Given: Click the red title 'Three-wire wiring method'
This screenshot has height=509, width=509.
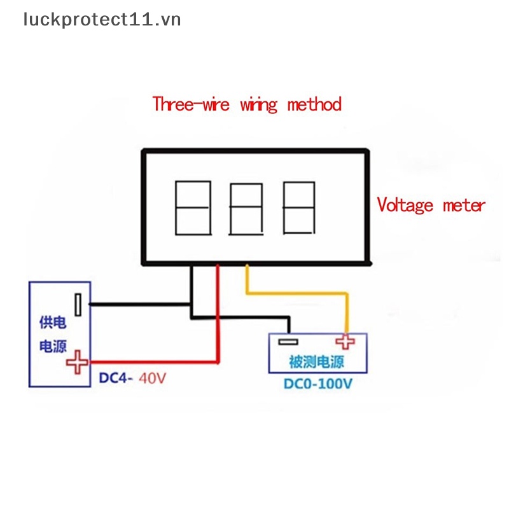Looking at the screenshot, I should (x=247, y=104).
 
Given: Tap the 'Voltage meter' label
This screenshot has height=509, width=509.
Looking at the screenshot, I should (x=431, y=206).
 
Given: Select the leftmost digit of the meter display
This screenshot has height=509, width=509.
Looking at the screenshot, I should (x=192, y=207).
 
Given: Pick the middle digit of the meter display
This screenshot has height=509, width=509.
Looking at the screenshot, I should (x=246, y=209).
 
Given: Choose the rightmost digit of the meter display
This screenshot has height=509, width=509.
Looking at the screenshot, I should (x=298, y=208).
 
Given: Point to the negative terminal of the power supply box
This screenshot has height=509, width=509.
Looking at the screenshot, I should (x=78, y=305).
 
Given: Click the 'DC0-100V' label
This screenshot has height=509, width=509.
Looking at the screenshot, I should (x=316, y=384).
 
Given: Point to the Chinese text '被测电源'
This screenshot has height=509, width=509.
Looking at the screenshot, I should (x=316, y=362).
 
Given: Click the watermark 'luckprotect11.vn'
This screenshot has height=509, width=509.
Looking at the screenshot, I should (x=102, y=20).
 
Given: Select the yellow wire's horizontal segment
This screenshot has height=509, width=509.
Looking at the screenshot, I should (x=296, y=292).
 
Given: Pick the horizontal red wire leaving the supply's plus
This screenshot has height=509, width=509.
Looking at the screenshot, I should (x=153, y=360).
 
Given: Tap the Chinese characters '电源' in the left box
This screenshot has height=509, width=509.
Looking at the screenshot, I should (x=52, y=347).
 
